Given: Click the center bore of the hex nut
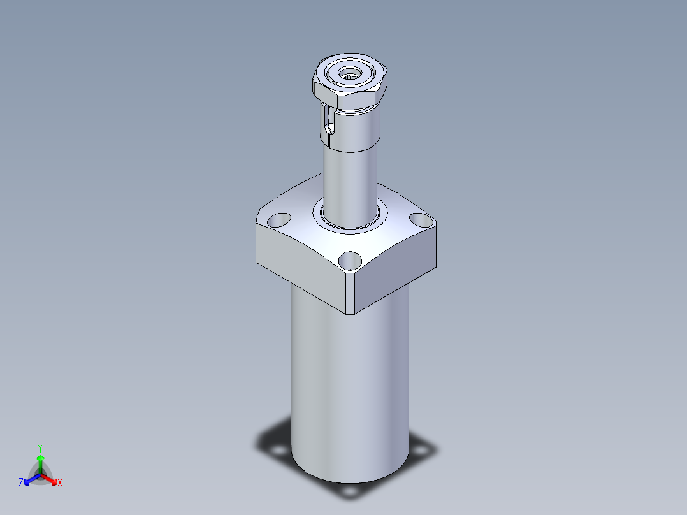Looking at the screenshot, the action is tap(350, 72).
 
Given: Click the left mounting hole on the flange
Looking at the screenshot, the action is tap(279, 220).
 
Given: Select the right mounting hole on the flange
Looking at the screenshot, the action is tap(421, 220).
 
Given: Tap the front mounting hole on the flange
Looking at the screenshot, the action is tap(350, 260).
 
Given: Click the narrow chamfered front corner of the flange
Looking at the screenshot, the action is tap(350, 293).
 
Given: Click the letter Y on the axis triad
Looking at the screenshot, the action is tap(40, 449).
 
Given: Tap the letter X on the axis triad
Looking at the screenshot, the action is tap(60, 483).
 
